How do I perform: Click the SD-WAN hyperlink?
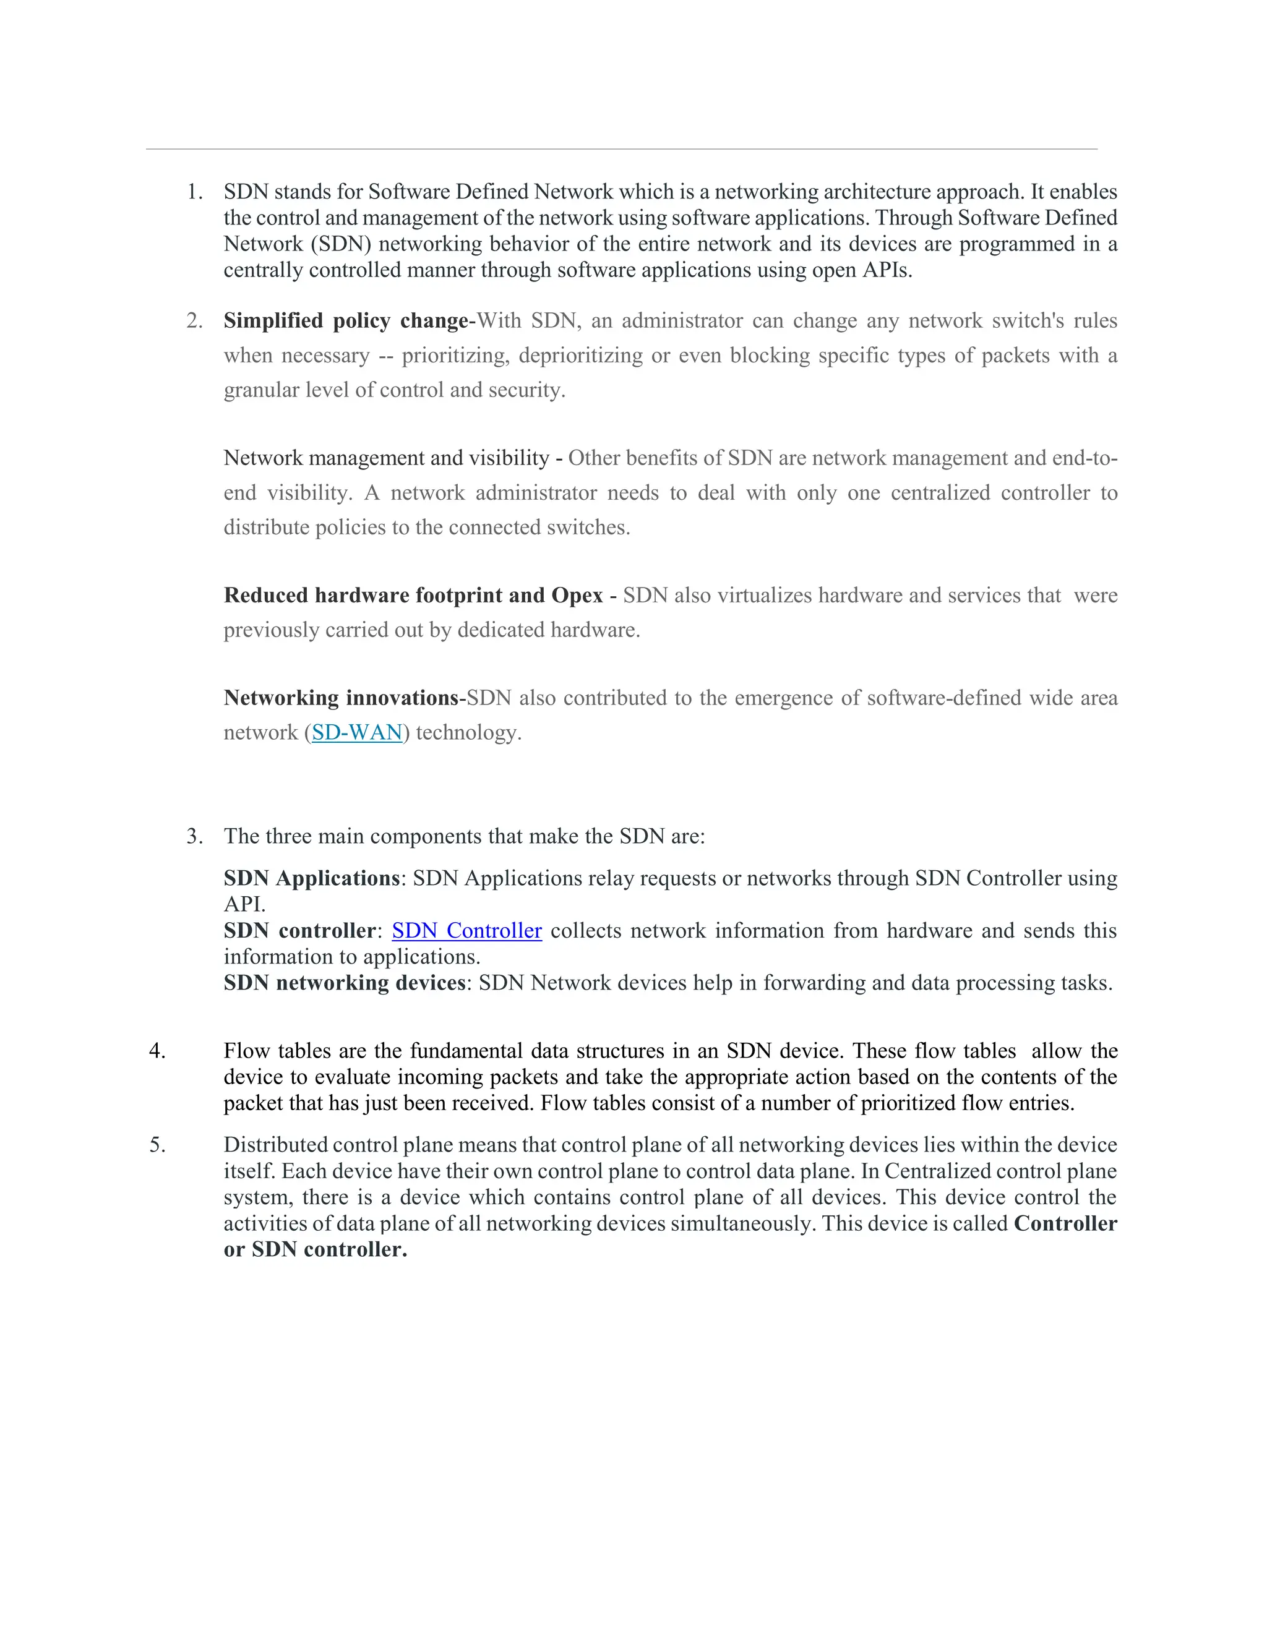pyautogui.click(x=358, y=732)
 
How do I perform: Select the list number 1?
pyautogui.click(x=194, y=192)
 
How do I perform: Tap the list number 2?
pyautogui.click(x=194, y=321)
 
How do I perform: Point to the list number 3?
pyautogui.click(x=194, y=837)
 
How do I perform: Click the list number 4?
pyautogui.click(x=157, y=1051)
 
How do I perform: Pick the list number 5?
pyautogui.click(x=157, y=1145)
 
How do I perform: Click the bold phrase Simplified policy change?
pyautogui.click(x=345, y=321)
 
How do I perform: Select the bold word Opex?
pyautogui.click(x=577, y=596)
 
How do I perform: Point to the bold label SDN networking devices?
pyautogui.click(x=345, y=983)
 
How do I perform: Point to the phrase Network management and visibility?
pyautogui.click(x=387, y=458)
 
